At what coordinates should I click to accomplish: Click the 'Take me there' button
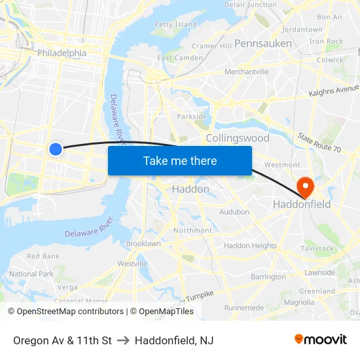(180, 160)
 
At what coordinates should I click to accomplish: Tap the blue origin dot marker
(56, 149)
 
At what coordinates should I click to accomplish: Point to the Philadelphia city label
(62, 53)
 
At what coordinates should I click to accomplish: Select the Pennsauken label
(263, 43)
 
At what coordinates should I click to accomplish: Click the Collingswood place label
(238, 138)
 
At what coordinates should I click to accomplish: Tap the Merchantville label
(247, 72)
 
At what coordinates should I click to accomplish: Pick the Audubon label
(234, 212)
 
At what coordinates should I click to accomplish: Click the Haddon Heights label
(250, 246)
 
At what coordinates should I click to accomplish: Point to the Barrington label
(268, 277)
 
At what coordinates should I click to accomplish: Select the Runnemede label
(243, 308)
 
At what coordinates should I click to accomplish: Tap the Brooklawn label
(143, 243)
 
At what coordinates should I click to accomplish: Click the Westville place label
(132, 264)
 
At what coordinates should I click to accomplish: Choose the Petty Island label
(175, 25)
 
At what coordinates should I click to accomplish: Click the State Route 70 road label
(319, 144)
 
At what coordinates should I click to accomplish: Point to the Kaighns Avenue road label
(334, 91)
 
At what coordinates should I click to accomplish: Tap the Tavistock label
(317, 249)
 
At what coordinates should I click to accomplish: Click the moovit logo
(321, 340)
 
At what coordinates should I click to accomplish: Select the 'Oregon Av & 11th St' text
(62, 340)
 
